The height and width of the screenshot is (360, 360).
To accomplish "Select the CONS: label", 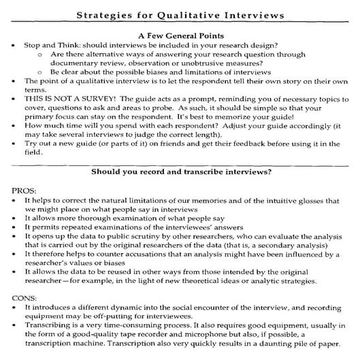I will [25, 297].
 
